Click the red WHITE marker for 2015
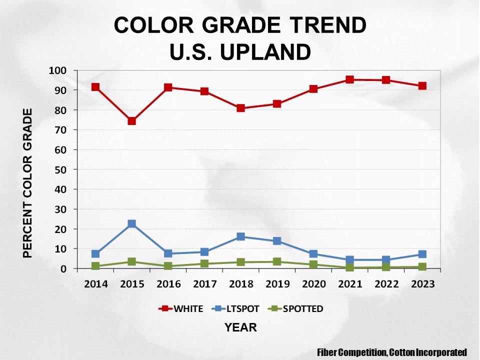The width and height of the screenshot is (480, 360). (132, 121)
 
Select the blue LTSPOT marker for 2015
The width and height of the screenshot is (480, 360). (132, 224)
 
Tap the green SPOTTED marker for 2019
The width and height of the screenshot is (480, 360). (277, 261)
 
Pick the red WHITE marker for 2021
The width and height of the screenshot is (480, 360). (349, 79)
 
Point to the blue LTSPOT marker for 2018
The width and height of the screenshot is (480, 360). (240, 236)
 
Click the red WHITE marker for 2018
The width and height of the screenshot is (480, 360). (240, 108)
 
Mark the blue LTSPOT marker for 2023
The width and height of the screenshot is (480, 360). (422, 254)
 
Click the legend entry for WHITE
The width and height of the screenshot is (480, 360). (180, 308)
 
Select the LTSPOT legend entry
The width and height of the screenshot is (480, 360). (237, 308)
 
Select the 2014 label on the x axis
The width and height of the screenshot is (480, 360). (95, 284)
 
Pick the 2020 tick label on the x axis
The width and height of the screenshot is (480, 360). (313, 284)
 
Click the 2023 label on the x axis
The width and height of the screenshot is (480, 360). (422, 284)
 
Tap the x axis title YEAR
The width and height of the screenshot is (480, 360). (240, 328)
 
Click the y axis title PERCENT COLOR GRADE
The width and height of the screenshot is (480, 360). (28, 183)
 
